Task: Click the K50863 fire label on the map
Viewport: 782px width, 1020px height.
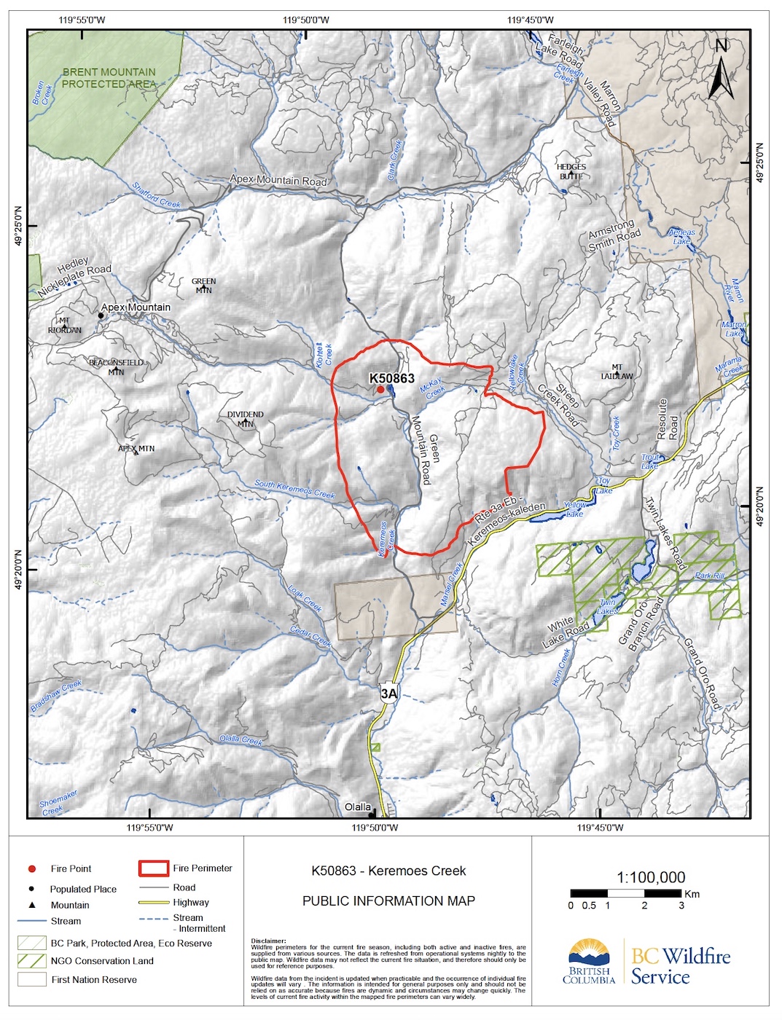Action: click(x=391, y=378)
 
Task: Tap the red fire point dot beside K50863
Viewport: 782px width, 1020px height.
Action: click(x=380, y=390)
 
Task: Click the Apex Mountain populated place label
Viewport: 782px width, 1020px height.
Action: click(x=136, y=307)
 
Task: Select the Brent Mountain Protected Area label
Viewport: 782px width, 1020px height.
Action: click(x=109, y=78)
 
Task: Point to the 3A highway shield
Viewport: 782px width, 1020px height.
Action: click(x=389, y=694)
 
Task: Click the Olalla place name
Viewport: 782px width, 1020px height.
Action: click(x=358, y=807)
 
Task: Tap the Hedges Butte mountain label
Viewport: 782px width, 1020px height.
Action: click(x=571, y=171)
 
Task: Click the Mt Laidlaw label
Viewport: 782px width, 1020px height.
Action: click(x=617, y=372)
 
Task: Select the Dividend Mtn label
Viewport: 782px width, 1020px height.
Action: click(x=246, y=418)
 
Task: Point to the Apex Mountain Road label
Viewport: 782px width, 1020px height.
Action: click(x=278, y=180)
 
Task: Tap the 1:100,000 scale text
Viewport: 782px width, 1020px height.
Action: click(x=651, y=877)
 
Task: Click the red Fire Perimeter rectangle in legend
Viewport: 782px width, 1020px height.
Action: click(x=153, y=868)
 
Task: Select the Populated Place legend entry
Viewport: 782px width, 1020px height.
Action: click(x=83, y=889)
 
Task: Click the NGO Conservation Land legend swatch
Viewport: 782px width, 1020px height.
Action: click(x=32, y=961)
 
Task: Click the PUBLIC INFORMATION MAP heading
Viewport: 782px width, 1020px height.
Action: click(x=388, y=901)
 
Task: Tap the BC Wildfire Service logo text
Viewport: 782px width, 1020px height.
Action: click(x=680, y=966)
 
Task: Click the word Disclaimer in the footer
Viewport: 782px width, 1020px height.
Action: click(x=268, y=941)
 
